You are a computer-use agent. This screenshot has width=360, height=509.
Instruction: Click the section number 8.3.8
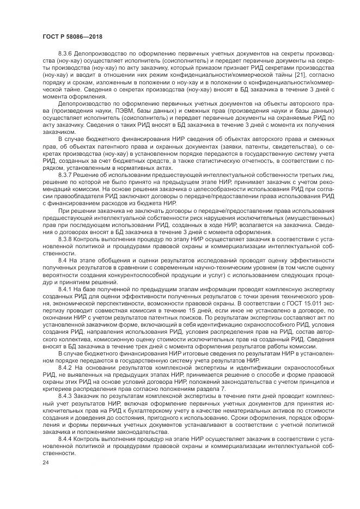point(67,239)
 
